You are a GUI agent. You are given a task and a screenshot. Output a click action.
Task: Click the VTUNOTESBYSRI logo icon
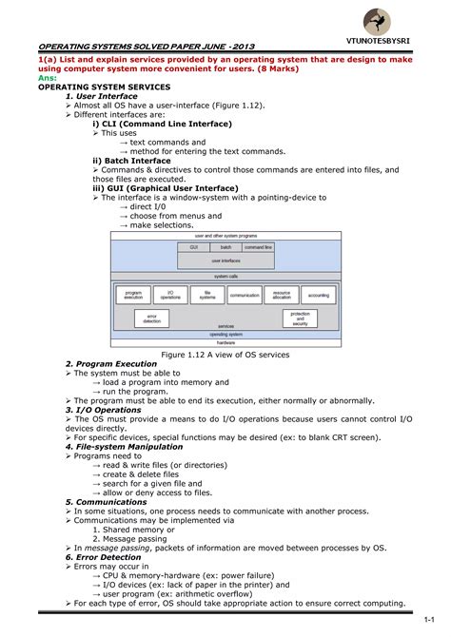382,22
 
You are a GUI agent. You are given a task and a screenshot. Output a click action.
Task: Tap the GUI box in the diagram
193,246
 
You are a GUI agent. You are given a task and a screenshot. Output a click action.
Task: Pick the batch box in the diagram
225,246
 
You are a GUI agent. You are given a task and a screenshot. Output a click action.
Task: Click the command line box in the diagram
258,246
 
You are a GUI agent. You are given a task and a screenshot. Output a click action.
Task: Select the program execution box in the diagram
133,296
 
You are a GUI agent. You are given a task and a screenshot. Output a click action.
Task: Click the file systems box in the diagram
206,296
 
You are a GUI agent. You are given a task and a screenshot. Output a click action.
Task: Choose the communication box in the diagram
245,296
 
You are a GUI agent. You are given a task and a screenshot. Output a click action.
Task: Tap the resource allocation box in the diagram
282,296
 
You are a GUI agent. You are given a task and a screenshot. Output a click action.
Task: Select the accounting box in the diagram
319,296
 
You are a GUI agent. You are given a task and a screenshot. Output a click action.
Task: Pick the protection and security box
300,319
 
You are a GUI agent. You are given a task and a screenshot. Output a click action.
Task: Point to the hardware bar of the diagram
225,342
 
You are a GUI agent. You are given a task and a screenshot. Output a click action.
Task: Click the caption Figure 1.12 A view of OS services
225,355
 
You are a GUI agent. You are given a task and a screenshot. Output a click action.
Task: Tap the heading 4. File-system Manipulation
124,444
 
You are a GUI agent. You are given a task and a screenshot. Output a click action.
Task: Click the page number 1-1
429,619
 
